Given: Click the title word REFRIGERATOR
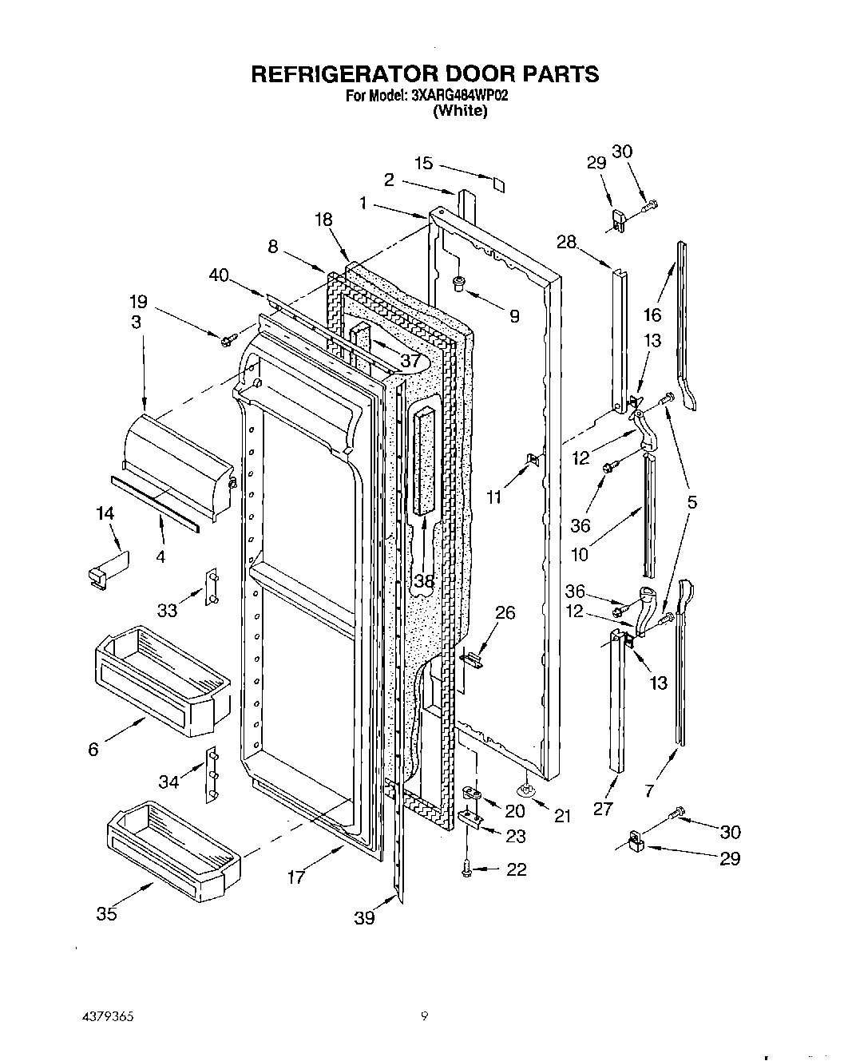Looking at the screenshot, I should click(341, 74).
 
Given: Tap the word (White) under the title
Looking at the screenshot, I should click(459, 111).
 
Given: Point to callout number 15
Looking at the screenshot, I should click(423, 163).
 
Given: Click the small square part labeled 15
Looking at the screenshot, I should click(498, 185).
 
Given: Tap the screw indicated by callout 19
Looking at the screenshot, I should click(226, 341).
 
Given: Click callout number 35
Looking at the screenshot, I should click(106, 914).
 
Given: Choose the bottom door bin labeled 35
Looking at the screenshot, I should click(172, 838).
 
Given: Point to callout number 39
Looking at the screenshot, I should click(364, 918).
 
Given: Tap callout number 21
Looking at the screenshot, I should click(563, 816).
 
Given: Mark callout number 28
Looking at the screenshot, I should click(566, 242).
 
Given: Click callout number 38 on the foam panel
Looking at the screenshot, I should click(423, 581).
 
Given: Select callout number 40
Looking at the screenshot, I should click(218, 275).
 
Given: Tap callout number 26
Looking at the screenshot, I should click(505, 613).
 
